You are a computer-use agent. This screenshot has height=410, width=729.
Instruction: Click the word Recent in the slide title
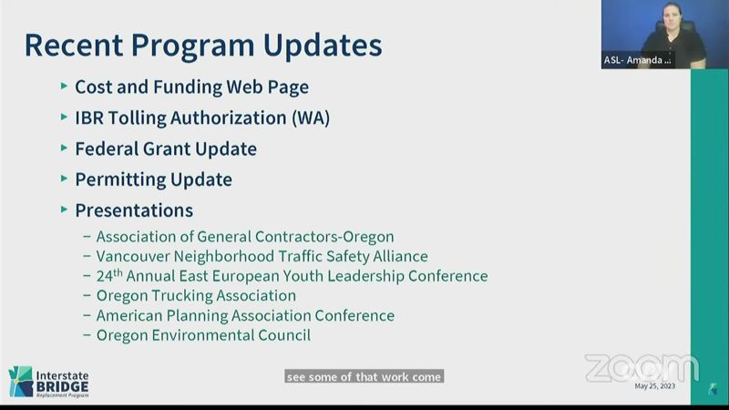pyautogui.click(x=74, y=45)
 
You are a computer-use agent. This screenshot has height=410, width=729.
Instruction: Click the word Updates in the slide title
pyautogui.click(x=323, y=45)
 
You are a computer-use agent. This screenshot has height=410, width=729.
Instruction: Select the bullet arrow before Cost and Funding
pyautogui.click(x=64, y=86)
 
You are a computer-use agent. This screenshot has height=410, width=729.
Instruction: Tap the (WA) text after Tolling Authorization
pyautogui.click(x=311, y=118)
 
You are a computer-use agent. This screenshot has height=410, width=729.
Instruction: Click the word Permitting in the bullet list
pyautogui.click(x=120, y=179)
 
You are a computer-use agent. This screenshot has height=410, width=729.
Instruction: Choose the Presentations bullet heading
pyautogui.click(x=134, y=210)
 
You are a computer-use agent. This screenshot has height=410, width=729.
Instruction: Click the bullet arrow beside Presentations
pyautogui.click(x=64, y=210)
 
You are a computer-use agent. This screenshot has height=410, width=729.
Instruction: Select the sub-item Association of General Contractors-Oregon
pyautogui.click(x=245, y=237)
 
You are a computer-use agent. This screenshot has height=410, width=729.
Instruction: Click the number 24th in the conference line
pyautogui.click(x=109, y=275)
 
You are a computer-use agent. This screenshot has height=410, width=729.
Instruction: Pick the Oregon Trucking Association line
pyautogui.click(x=196, y=295)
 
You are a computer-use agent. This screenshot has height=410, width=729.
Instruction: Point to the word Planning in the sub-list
pyautogui.click(x=197, y=315)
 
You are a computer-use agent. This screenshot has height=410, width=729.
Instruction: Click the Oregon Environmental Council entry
pyautogui.click(x=203, y=335)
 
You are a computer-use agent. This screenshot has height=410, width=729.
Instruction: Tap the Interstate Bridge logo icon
pyautogui.click(x=21, y=382)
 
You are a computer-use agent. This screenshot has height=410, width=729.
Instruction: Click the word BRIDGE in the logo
pyautogui.click(x=62, y=386)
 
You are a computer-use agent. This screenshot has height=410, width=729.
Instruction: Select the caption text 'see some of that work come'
pyautogui.click(x=364, y=376)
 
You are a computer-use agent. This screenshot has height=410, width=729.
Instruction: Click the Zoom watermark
pyautogui.click(x=642, y=368)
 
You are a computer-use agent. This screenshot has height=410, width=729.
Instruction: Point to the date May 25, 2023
pyautogui.click(x=654, y=385)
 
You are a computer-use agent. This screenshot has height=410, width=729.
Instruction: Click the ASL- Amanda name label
pyautogui.click(x=637, y=60)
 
